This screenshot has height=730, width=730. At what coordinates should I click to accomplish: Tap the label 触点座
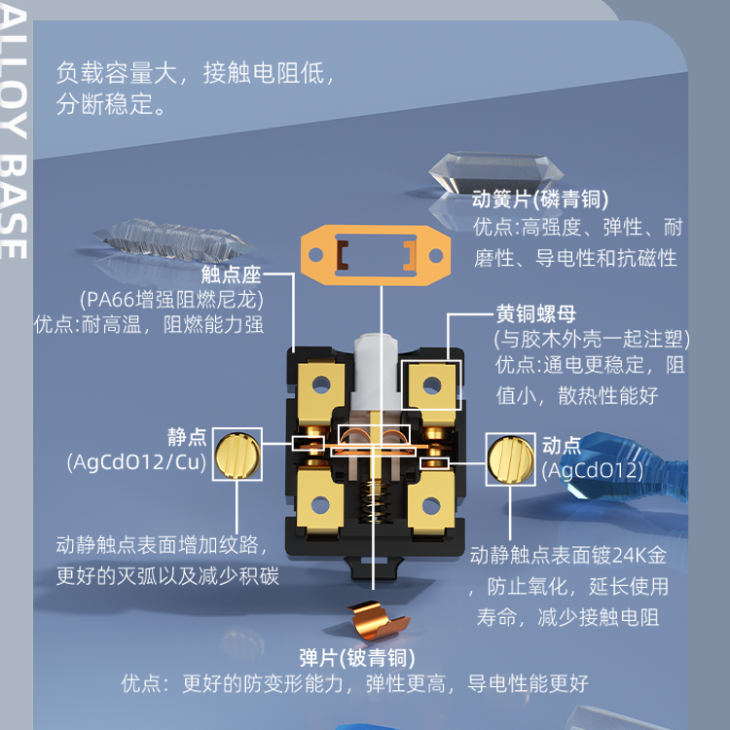click(231, 274)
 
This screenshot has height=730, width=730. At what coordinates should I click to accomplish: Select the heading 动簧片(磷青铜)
click(540, 200)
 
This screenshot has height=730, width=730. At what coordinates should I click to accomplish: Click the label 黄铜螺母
click(536, 313)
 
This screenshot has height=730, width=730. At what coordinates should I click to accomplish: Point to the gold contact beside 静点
click(237, 455)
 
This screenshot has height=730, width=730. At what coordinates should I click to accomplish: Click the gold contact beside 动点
click(511, 459)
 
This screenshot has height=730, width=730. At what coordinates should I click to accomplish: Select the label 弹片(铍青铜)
click(356, 658)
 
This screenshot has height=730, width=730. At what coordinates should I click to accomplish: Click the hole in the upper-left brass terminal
click(321, 384)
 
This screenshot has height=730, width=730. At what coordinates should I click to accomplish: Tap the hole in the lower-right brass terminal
click(431, 505)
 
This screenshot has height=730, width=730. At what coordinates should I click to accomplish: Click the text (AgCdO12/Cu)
click(136, 462)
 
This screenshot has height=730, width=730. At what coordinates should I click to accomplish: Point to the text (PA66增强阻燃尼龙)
click(171, 300)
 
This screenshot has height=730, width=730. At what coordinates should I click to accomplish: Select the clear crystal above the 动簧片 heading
click(495, 171)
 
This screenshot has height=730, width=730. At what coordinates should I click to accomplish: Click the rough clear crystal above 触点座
click(173, 240)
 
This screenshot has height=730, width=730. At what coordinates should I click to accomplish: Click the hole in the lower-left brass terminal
click(320, 504)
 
